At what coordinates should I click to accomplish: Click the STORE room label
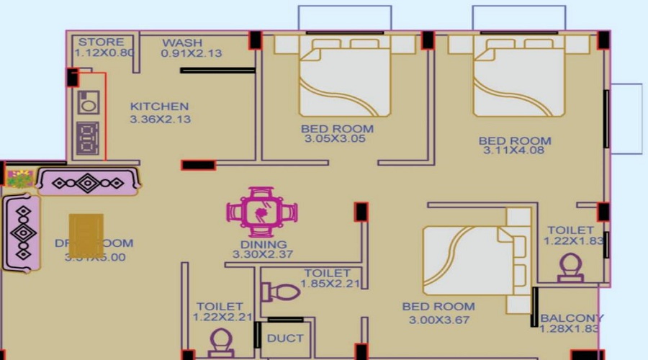tap(102, 42)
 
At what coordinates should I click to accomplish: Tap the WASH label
tap(182, 42)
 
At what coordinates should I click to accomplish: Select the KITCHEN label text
tap(159, 107)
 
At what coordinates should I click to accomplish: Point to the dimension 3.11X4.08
tap(516, 150)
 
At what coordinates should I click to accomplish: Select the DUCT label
tap(285, 338)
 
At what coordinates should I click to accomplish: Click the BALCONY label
tap(572, 318)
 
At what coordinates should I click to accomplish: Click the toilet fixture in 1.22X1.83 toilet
tap(570, 267)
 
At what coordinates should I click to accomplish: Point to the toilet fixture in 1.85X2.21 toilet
tap(282, 292)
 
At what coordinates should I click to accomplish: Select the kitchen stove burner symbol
tap(88, 135)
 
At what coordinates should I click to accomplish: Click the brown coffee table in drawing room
tap(86, 235)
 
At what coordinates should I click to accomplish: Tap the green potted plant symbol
tap(19, 179)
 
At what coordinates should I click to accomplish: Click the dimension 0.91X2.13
tap(191, 53)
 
